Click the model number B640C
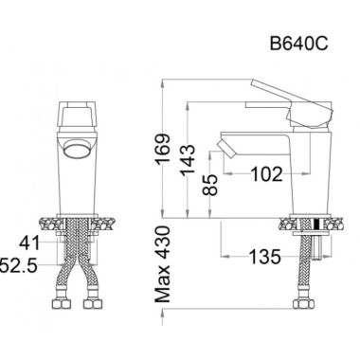(298, 44)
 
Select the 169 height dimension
(163, 149)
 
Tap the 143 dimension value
(188, 160)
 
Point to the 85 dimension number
(210, 185)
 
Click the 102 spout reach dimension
(266, 174)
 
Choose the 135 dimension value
(264, 256)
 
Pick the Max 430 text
(163, 264)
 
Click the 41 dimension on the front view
(29, 243)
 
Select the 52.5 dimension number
(19, 264)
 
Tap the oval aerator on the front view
(77, 150)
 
